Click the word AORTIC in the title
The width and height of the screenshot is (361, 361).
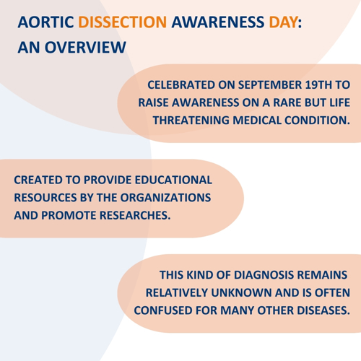(45, 22)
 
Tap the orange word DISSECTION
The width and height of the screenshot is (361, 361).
(123, 22)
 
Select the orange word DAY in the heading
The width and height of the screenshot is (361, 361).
(283, 22)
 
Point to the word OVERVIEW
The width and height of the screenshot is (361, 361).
(85, 47)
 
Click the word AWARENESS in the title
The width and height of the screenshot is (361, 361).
(218, 22)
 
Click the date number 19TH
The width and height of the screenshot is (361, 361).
(318, 85)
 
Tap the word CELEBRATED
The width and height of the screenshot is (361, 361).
(181, 85)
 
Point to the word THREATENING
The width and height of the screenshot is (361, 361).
(191, 121)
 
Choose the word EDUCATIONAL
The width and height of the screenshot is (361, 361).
(173, 180)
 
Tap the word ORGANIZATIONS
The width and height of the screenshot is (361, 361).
(165, 198)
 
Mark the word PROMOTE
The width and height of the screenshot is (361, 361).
(69, 215)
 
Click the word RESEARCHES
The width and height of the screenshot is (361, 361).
(135, 215)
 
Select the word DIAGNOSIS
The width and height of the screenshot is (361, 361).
(264, 275)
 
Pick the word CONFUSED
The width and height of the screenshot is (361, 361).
(163, 310)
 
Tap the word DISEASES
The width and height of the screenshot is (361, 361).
(323, 310)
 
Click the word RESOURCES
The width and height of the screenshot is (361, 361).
(45, 198)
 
